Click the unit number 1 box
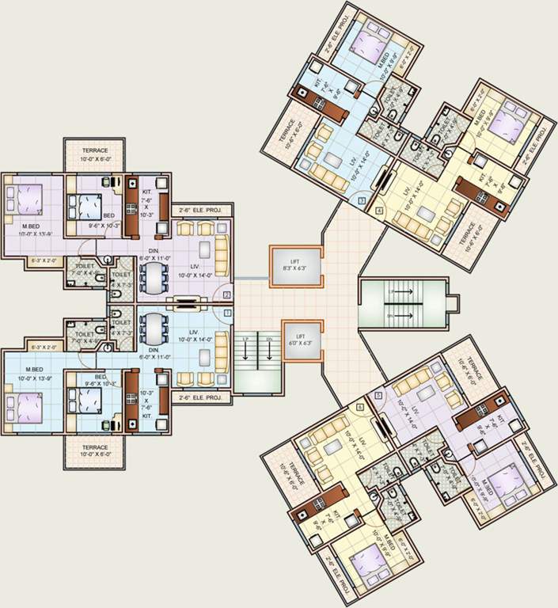(x=227, y=313)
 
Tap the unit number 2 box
(x=227, y=294)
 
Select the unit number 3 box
(x=361, y=202)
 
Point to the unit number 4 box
(x=380, y=211)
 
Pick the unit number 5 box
(x=378, y=394)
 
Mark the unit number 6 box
(x=360, y=407)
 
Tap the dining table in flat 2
(x=154, y=276)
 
